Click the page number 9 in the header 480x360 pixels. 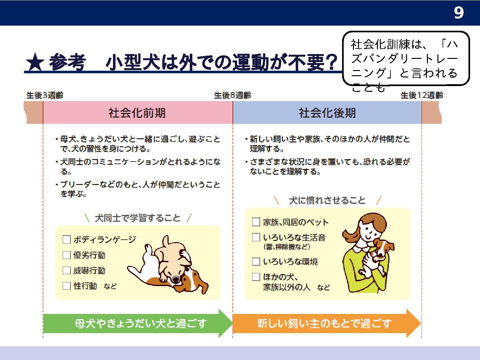coord(459,12)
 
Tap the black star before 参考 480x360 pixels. coord(35,62)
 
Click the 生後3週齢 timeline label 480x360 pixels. coord(45,95)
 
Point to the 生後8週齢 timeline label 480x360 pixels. coord(232,95)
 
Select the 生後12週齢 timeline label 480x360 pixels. coord(422,95)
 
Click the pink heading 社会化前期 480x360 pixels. coord(137,113)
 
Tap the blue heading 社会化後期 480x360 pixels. coord(327,113)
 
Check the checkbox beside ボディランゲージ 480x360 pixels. coord(67,239)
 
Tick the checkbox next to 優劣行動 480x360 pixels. coord(67,255)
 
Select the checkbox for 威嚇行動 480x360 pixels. coord(67,270)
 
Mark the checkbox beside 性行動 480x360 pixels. coord(67,286)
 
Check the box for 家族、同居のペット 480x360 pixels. coord(256,222)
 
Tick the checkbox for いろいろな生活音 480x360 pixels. coord(256,237)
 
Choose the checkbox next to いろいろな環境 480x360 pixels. coord(256,261)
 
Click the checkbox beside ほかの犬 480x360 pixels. coord(256,277)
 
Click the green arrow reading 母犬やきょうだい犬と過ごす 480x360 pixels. coord(138,324)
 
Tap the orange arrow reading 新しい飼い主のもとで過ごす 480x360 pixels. coord(327,324)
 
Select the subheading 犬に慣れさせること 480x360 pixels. coord(327,200)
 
